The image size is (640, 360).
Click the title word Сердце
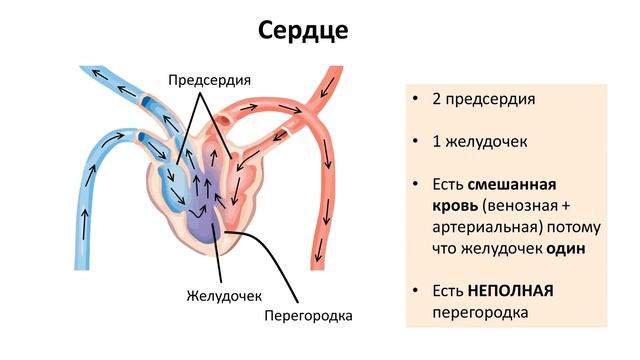click(303, 30)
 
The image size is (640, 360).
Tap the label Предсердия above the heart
click(209, 81)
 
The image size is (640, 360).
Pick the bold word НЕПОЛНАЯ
click(509, 291)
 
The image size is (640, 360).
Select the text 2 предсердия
click(484, 100)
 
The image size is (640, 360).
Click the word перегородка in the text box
click(480, 312)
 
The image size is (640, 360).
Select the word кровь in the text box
click(455, 206)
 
